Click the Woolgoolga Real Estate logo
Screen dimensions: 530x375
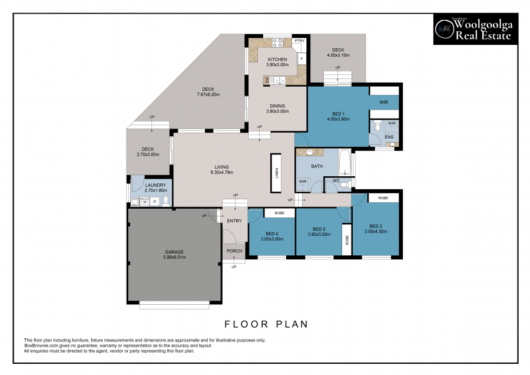[476, 29]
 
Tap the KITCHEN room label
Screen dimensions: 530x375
[277, 59]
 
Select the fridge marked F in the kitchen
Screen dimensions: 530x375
[302, 58]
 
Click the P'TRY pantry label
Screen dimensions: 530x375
[300, 41]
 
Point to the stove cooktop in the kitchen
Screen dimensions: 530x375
[277, 42]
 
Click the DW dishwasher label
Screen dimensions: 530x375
[267, 80]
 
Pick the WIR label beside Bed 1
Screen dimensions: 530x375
[383, 102]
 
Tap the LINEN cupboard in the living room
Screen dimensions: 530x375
[276, 173]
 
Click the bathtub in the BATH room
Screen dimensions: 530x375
[344, 162]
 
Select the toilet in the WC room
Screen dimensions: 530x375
[344, 185]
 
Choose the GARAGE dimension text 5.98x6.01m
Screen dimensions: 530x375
[174, 257]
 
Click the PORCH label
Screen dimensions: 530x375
[234, 251]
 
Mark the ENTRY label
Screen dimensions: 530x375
[234, 221]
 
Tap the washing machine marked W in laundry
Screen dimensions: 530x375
[145, 202]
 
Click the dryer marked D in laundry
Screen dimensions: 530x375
[155, 202]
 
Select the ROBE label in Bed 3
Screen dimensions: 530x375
[383, 198]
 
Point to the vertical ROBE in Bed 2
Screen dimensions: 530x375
[347, 239]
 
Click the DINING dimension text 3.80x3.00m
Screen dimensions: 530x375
[277, 111]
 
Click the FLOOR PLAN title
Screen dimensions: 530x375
[266, 324]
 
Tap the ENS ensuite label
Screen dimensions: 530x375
[389, 137]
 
